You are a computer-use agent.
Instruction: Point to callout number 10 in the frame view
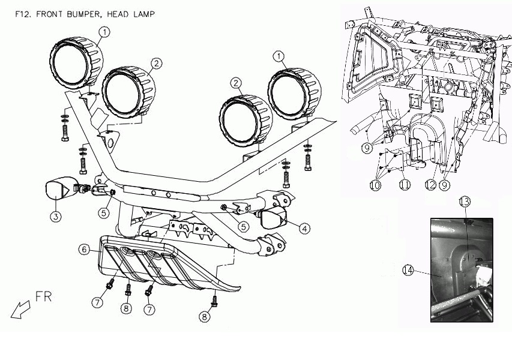click(x=375, y=186)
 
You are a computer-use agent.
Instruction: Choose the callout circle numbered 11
click(x=405, y=186)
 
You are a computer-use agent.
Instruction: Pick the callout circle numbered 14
click(x=408, y=271)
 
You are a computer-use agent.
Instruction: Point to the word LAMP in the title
click(x=144, y=13)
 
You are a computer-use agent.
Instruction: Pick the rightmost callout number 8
click(x=205, y=317)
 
